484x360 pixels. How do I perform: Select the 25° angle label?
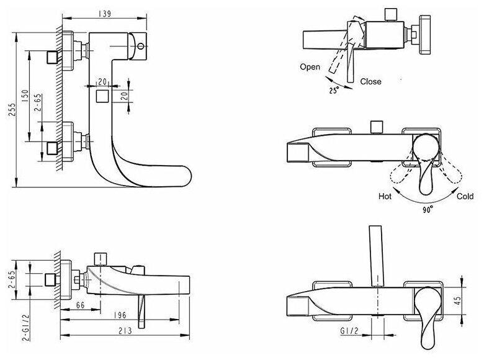333,91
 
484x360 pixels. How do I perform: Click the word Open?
310,66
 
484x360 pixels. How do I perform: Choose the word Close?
370,81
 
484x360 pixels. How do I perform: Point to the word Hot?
385,196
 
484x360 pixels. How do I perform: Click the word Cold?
464,196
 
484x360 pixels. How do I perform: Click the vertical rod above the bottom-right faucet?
375,254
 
